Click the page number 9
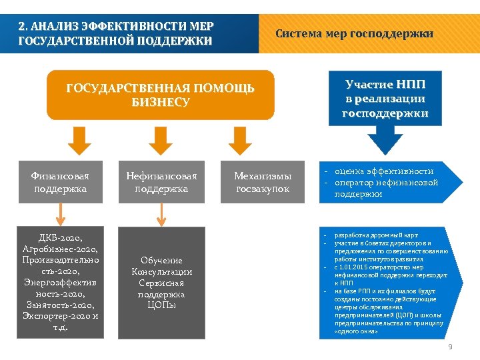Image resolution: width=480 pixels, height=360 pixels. pos(450,346)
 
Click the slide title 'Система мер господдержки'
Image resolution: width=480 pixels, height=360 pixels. pos(354,33)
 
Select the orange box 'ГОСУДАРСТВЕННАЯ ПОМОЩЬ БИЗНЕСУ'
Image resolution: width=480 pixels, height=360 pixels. pos(160,95)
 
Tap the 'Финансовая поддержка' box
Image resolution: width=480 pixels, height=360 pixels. pos(60,182)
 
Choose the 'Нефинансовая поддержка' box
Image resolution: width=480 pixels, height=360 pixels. pos(161,182)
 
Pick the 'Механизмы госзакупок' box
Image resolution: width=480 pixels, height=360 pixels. pos(263,182)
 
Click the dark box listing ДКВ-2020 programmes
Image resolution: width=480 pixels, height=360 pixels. pos(60,281)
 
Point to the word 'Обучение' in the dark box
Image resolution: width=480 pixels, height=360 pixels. pos(161,260)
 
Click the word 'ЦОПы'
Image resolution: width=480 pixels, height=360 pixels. pos(161,305)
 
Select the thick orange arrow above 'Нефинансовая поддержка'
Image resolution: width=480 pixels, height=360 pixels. pos(160,140)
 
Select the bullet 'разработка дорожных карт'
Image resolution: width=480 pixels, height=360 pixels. pos(376,235)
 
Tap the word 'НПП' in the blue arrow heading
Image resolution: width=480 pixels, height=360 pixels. pos(410,85)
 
